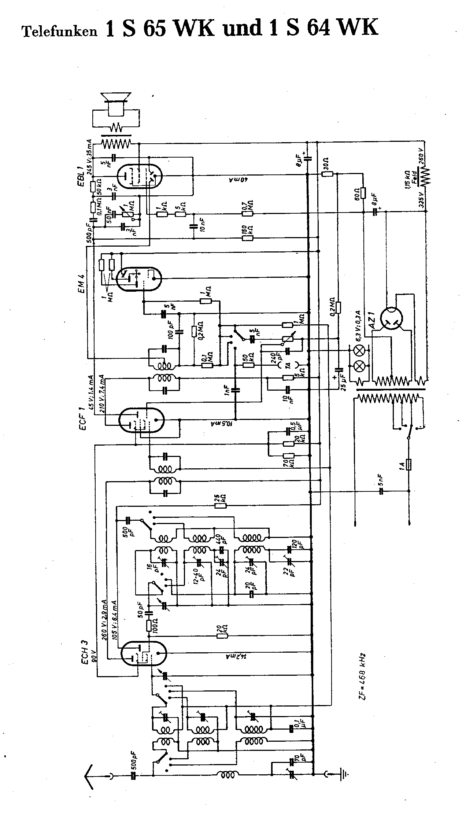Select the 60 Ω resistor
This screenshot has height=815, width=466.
coord(363,192)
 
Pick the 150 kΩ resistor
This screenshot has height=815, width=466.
coord(248,238)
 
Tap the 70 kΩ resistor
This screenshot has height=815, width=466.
coord(289,456)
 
